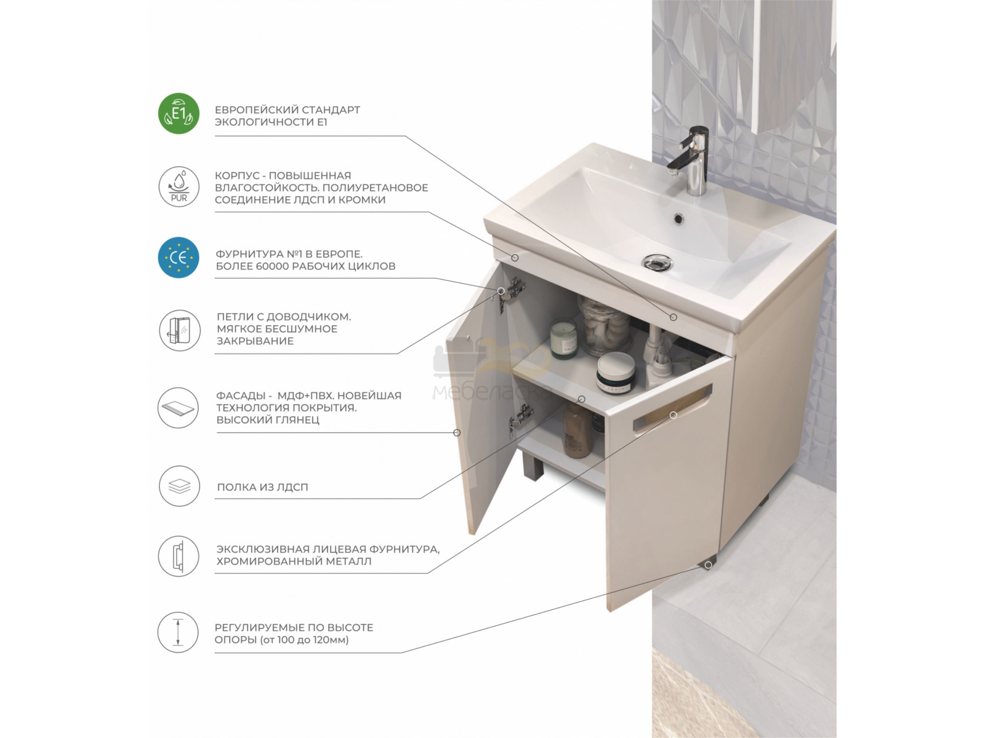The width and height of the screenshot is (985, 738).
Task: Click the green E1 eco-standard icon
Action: pyautogui.click(x=179, y=113)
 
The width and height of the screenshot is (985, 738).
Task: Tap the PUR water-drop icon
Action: pyautogui.click(x=179, y=186)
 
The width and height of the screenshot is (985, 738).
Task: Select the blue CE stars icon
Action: pyautogui.click(x=179, y=258)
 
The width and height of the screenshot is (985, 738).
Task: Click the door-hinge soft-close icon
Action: pyautogui.click(x=180, y=331)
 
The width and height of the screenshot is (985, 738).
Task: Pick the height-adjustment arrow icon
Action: pyautogui.click(x=178, y=632)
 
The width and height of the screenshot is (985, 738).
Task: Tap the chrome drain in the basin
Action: pyautogui.click(x=658, y=263)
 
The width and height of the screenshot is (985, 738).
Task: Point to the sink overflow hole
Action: pyautogui.click(x=678, y=218)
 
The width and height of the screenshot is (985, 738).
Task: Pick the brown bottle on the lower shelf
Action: pyautogui.click(x=577, y=430)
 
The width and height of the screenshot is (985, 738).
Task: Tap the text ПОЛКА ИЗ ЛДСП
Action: pyautogui.click(x=262, y=487)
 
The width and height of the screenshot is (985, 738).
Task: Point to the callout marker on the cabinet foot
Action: pyautogui.click(x=708, y=565)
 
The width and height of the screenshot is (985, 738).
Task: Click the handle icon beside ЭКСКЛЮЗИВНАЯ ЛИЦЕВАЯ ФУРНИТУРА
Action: pyautogui.click(x=179, y=556)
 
